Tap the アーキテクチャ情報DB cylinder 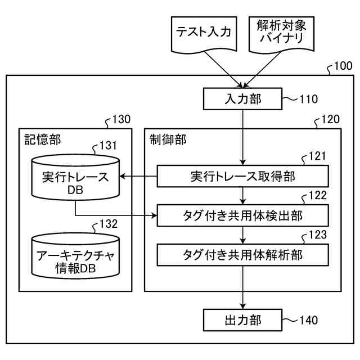(x=75, y=259)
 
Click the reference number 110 (x=308, y=100)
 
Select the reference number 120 (x=330, y=119)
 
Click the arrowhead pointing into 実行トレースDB (x=123, y=177)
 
